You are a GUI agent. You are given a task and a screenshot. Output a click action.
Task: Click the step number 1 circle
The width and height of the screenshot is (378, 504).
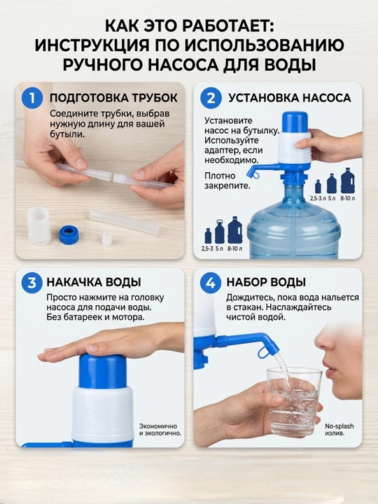pos(31,98)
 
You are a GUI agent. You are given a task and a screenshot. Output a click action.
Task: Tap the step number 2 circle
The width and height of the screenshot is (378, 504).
pos(211,98)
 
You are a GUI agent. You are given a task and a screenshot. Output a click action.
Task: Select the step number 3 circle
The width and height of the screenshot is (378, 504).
pos(31,283)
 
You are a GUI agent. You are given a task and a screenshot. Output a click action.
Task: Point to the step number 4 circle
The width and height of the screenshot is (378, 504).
pos(211,283)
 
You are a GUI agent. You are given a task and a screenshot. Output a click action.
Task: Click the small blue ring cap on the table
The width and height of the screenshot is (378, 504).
pos(69,234)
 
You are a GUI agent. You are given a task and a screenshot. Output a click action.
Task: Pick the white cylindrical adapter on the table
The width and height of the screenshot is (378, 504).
pos(39,225)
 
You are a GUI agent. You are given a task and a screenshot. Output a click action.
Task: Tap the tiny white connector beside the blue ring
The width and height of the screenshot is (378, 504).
pos(107,239)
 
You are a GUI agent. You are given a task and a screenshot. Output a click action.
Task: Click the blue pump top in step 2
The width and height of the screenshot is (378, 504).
pos(295,122)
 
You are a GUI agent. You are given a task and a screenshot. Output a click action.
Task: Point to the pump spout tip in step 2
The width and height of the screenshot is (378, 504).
pos(249,175)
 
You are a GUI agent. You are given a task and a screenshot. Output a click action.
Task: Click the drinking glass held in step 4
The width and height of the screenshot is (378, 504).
pos(294,402)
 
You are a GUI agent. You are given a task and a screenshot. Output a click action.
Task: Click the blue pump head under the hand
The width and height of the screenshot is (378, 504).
pos(103,370)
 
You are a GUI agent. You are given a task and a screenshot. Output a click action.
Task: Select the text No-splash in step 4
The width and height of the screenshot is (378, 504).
pos(339,426)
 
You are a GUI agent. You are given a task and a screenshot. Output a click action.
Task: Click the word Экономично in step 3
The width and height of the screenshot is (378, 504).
pos(157,426)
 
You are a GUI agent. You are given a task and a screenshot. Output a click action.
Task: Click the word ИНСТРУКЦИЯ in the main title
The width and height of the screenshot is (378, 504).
pos(92,45)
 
